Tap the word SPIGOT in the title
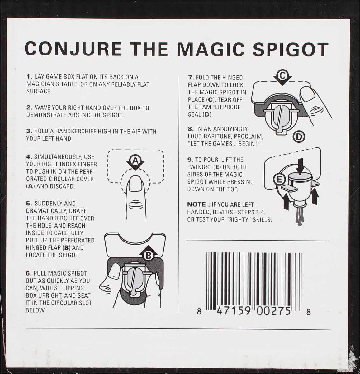(x=291, y=49)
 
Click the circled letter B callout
(x=149, y=256)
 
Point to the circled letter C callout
(x=283, y=75)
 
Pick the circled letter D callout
(x=299, y=137)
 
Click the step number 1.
(x=30, y=77)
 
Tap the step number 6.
(x=29, y=273)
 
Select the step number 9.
(x=190, y=160)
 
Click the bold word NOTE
(x=197, y=204)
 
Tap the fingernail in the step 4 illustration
(x=135, y=184)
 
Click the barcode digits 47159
(x=234, y=311)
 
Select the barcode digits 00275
(x=274, y=311)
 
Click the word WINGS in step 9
(x=201, y=167)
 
